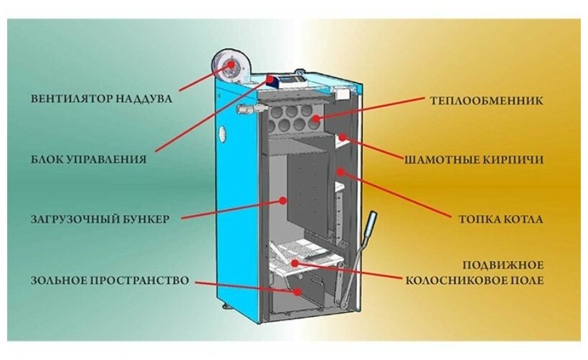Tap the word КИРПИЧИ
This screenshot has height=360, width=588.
click(514, 158)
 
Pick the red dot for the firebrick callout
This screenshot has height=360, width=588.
click(343, 136)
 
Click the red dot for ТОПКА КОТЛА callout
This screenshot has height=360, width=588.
click(341, 171)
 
